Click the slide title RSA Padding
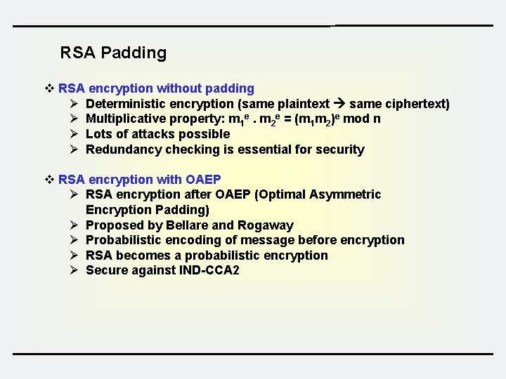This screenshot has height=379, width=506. click(x=113, y=53)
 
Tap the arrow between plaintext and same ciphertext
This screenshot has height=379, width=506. click(x=338, y=104)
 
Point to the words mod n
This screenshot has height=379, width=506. click(x=361, y=119)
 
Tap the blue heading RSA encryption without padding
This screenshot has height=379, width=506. click(x=156, y=88)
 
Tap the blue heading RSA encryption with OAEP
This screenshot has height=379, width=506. click(x=139, y=179)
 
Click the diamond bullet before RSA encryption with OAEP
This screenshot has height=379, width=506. click(x=49, y=179)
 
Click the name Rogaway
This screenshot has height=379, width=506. click(x=266, y=225)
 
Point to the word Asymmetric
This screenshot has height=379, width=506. click(x=346, y=194)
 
